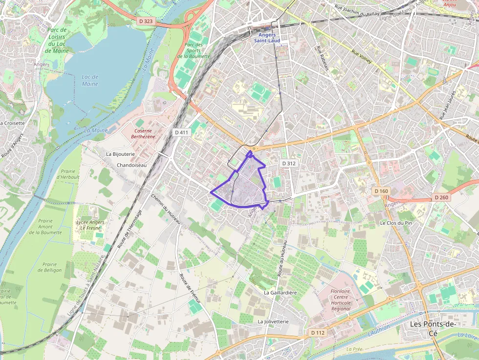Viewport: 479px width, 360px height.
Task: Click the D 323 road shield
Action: click(x=146, y=21)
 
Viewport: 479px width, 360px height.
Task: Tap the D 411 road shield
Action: click(x=181, y=132)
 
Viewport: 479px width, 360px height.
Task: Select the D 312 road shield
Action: click(x=289, y=163)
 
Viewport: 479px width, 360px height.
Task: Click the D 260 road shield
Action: click(x=440, y=197)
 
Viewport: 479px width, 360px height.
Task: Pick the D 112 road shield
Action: click(x=318, y=333)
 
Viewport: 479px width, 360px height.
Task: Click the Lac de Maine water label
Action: click(x=90, y=80)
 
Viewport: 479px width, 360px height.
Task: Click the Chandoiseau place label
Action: click(x=131, y=165)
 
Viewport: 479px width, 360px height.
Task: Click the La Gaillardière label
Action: click(x=280, y=293)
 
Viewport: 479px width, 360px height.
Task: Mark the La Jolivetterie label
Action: click(x=273, y=322)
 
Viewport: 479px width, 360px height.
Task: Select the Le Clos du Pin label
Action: click(x=396, y=223)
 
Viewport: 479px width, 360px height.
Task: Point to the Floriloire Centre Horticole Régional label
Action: click(x=341, y=299)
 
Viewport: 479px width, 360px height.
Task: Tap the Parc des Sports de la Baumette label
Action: click(x=194, y=51)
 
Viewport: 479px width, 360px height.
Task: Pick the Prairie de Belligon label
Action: click(x=49, y=267)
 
